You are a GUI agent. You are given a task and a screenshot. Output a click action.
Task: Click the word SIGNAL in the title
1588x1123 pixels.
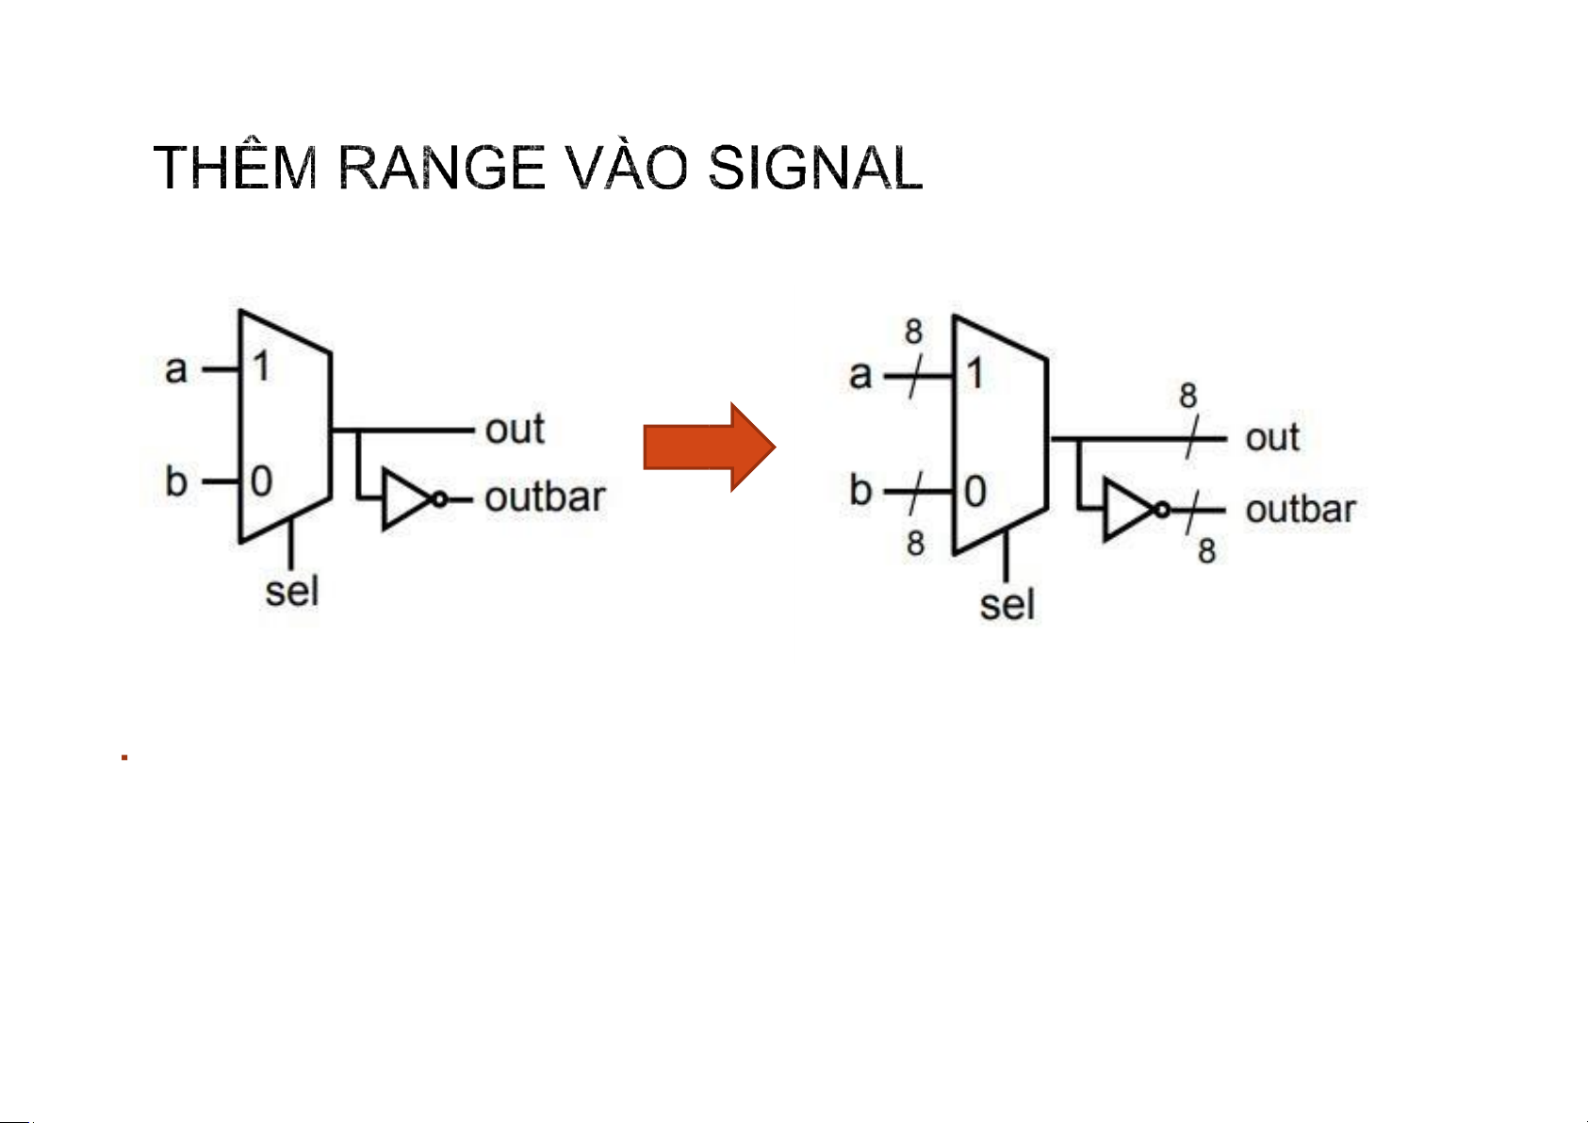[815, 168]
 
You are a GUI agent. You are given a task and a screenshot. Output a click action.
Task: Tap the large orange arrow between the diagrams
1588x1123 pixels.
[710, 448]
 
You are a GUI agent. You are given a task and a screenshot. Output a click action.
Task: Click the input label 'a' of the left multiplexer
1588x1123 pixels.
[176, 370]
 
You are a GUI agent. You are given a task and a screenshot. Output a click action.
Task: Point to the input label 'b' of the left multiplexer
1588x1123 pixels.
[176, 480]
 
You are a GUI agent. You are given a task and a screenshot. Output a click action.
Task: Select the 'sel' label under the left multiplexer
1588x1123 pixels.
[292, 591]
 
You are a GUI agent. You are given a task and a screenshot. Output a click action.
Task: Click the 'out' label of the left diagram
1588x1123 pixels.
[515, 429]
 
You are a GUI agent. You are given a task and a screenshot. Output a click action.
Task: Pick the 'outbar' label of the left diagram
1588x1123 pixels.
[545, 496]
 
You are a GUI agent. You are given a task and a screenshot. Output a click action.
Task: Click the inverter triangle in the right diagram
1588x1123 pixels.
[1129, 510]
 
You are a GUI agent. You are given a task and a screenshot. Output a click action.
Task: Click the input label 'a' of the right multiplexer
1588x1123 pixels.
[859, 376]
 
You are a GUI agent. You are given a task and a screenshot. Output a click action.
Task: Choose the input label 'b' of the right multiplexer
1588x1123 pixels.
[860, 490]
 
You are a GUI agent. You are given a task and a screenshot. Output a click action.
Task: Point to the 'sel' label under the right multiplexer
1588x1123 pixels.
[1007, 605]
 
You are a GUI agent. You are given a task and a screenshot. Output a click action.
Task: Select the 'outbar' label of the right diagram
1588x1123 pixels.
[1301, 510]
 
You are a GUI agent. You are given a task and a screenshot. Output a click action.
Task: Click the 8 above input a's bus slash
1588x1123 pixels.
[914, 332]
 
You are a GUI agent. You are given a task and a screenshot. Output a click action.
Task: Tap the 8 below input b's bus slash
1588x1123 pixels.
[915, 544]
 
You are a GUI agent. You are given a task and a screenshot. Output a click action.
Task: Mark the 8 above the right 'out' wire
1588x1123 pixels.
[1188, 396]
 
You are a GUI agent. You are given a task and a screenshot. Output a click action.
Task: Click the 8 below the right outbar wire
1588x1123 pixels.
[1206, 550]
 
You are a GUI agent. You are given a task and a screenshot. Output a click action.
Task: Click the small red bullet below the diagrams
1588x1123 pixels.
[124, 757]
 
